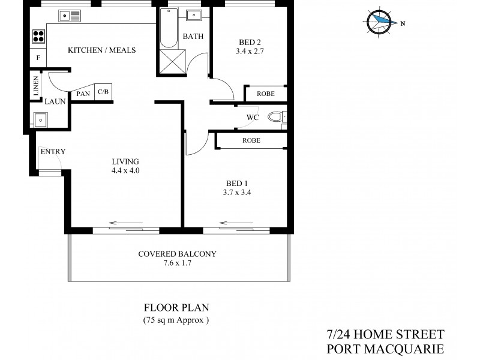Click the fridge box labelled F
pos(38,58)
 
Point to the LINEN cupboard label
pos(37,86)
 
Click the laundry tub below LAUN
pos(40,119)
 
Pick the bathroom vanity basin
pos(194,16)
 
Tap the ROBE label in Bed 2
pos(266,94)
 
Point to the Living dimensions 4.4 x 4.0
pos(125,170)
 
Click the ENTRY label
pos(52,151)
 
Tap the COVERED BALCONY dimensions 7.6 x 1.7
pos(177,263)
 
